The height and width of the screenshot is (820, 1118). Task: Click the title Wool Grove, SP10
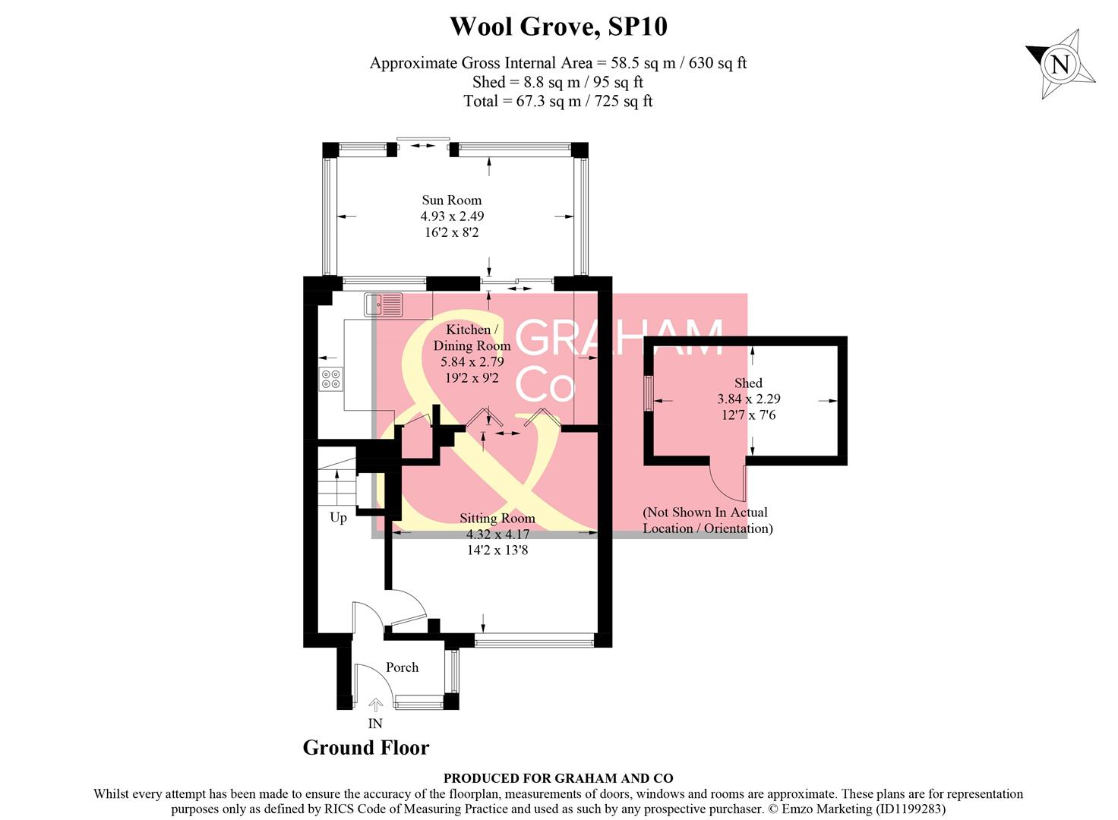[x=558, y=27]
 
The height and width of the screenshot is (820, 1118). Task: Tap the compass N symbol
[x=1060, y=65]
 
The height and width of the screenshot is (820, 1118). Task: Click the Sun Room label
[x=452, y=200]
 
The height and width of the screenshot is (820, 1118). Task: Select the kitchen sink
[x=384, y=305]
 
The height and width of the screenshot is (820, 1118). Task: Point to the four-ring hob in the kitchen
[x=331, y=378]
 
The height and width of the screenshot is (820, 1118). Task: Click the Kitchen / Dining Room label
[x=472, y=337]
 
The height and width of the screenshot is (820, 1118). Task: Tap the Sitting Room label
[x=497, y=519]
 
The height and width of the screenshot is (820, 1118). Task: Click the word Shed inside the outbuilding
[x=748, y=383]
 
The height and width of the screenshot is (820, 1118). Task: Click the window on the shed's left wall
[x=648, y=393]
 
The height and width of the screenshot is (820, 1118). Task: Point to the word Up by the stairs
[x=338, y=518]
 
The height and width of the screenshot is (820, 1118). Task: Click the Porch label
[x=402, y=667]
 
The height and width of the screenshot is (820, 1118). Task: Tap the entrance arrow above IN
[x=375, y=705]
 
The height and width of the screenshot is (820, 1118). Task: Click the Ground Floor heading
[x=366, y=748]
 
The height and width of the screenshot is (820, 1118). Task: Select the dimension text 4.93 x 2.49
[x=452, y=216]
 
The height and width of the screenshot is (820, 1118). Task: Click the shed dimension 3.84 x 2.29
[x=748, y=399]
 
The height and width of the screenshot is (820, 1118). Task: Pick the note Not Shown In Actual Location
[x=707, y=520]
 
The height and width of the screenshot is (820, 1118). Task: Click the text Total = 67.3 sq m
[x=558, y=101]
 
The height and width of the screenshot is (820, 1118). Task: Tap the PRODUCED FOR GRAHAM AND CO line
[x=558, y=778]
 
